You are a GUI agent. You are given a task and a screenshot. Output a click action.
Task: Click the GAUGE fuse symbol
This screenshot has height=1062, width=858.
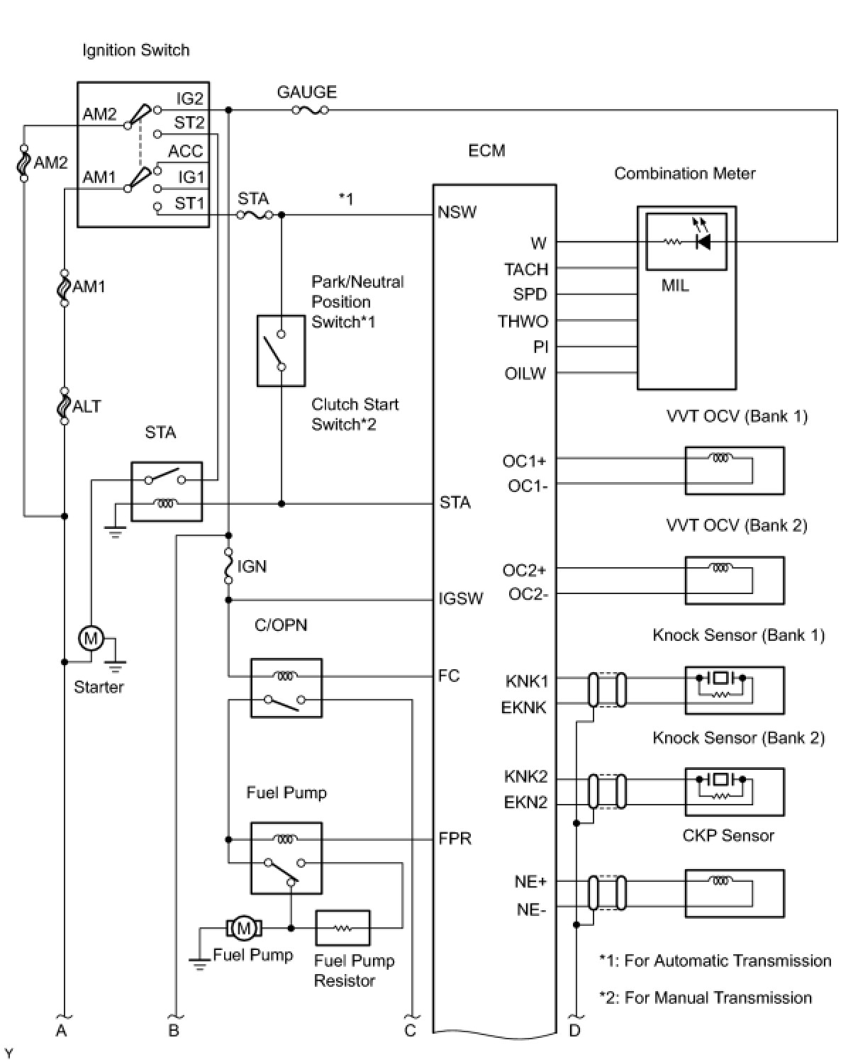coord(310,110)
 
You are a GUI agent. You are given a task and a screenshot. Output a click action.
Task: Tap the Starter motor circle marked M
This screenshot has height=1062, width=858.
coord(91,638)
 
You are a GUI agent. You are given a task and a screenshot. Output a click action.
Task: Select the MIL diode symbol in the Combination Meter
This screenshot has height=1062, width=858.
coord(703,242)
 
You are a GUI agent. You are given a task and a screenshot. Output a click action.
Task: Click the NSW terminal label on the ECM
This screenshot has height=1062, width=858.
coord(457,213)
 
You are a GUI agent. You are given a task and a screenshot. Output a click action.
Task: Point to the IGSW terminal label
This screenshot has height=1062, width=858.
coord(461,598)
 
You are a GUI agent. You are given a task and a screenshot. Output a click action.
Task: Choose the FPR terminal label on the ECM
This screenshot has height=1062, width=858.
coord(455,838)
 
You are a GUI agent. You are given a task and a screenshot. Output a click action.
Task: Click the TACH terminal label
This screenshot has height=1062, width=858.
coord(526,269)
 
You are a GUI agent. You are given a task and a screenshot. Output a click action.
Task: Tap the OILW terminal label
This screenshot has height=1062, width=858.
coord(525,373)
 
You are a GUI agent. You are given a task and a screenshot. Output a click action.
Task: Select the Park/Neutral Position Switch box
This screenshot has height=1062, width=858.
coord(282,350)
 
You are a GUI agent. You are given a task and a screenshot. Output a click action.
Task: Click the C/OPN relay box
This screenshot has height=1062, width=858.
coord(286,688)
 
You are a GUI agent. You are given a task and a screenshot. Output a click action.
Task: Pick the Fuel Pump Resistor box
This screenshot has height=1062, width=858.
coord(343,928)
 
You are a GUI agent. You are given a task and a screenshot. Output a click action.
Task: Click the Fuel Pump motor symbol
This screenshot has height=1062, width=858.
coord(244,928)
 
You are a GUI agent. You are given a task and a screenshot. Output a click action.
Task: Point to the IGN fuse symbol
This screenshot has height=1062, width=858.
coord(228,566)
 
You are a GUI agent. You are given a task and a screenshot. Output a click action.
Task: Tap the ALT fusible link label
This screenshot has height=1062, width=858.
coord(87,406)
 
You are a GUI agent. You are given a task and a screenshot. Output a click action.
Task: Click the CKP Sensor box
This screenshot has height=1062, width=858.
coord(735,893)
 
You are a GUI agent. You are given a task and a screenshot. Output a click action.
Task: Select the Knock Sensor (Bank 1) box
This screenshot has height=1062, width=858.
coord(735,690)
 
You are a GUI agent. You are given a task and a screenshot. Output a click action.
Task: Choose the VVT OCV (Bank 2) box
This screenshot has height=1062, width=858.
coord(735,581)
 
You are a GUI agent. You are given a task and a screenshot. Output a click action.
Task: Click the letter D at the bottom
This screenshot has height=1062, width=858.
coord(575,1030)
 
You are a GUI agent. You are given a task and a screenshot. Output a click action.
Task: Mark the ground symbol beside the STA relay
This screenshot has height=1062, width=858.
coord(115,532)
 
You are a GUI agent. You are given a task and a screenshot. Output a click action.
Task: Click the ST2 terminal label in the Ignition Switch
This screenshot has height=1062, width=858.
coord(189,123)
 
